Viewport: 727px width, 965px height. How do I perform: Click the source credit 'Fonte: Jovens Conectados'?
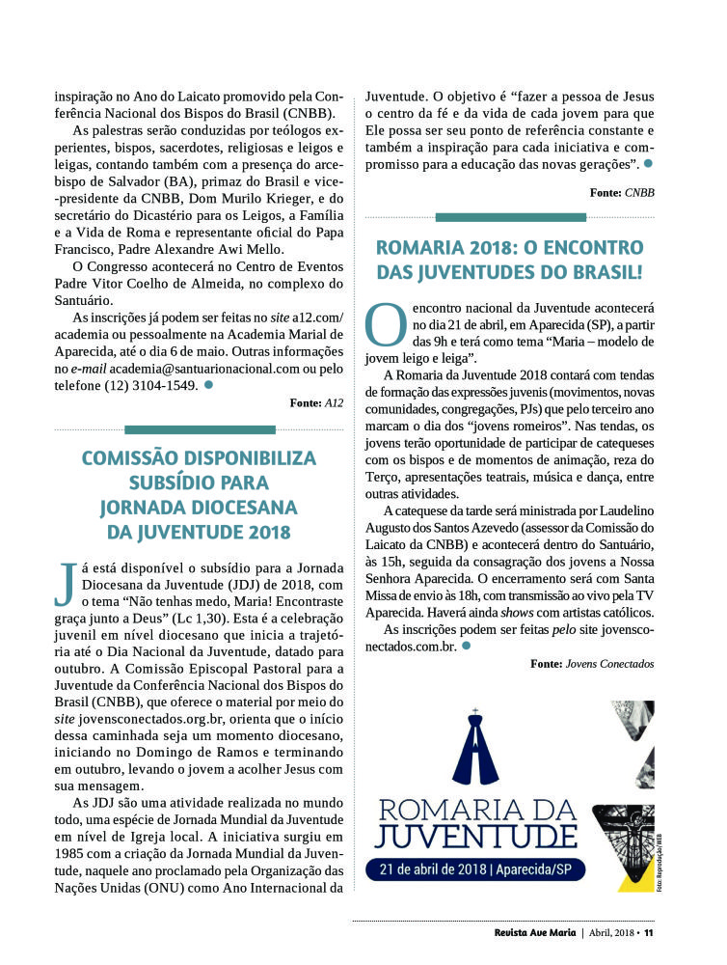click(592, 664)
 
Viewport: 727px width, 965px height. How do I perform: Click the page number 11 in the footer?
click(649, 932)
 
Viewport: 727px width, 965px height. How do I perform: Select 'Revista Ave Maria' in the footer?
click(528, 932)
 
